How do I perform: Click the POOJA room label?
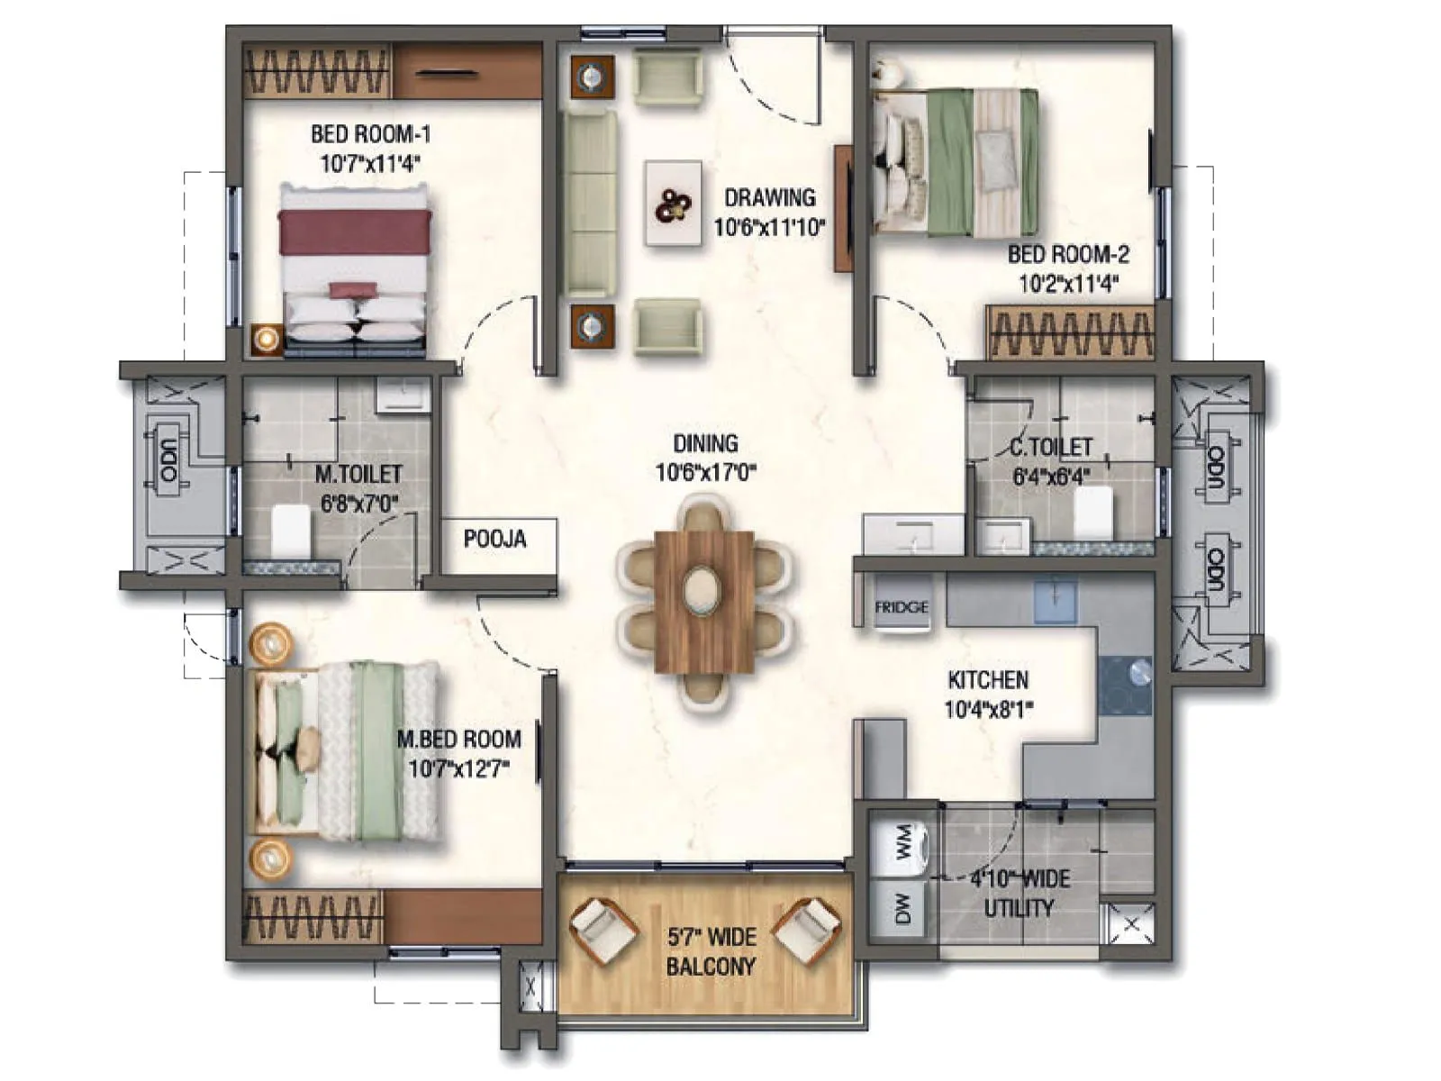(x=494, y=539)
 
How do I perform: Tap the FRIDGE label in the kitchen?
(x=901, y=607)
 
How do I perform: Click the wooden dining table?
(x=704, y=601)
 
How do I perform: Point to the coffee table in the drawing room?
(x=674, y=203)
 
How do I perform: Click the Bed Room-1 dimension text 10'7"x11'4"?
(x=370, y=164)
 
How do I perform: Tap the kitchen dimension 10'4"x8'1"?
(x=988, y=709)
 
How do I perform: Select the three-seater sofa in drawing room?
(x=591, y=204)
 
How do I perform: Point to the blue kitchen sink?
(x=1055, y=601)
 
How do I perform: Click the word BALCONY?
(x=711, y=967)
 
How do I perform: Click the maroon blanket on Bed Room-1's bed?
(x=354, y=232)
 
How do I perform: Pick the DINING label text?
(x=705, y=443)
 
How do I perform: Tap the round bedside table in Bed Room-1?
(x=267, y=339)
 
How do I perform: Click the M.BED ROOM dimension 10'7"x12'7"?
(x=459, y=768)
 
